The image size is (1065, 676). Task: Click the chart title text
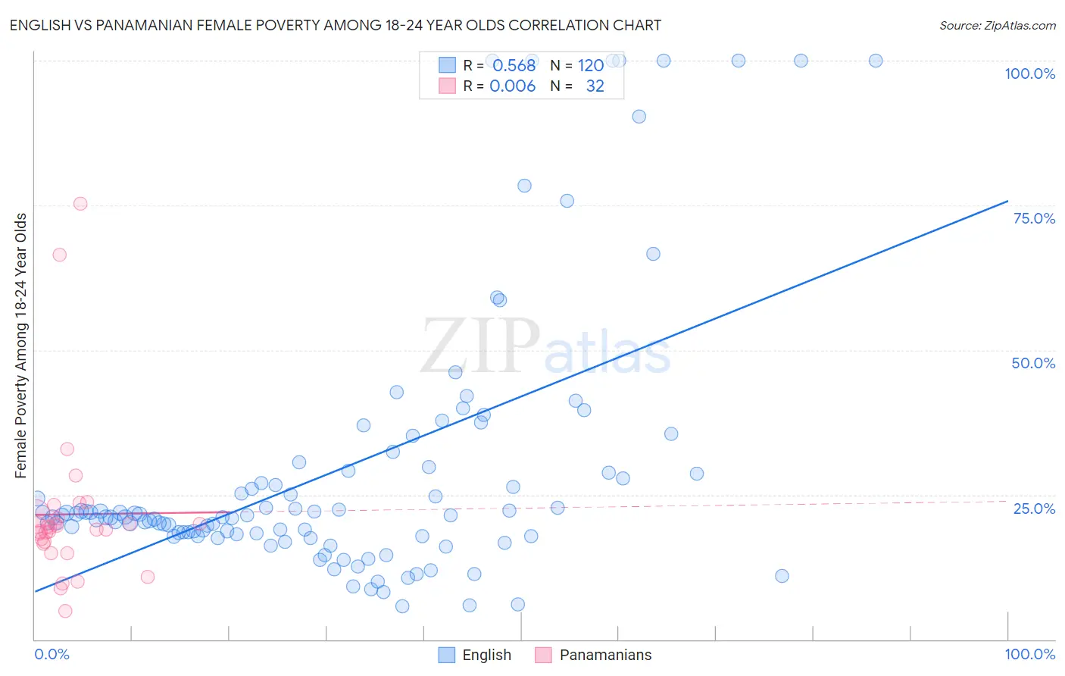(335, 25)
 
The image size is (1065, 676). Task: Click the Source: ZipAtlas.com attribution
(997, 25)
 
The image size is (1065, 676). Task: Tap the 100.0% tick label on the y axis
(1029, 74)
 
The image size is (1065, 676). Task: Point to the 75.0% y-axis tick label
(1034, 218)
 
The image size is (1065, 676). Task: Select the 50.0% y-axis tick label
(1033, 363)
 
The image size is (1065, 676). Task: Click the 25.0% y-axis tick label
(1034, 509)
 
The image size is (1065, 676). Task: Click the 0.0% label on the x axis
(52, 654)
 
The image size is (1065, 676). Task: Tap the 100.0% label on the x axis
(1029, 654)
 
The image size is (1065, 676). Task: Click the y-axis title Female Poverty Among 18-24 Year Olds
(21, 346)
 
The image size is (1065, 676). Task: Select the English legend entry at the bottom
(475, 655)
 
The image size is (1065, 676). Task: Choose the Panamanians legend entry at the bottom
(593, 655)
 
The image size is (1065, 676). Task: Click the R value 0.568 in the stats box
(514, 65)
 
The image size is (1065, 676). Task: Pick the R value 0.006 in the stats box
(512, 86)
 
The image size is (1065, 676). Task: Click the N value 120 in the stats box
(591, 65)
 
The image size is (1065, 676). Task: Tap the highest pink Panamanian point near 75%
(80, 204)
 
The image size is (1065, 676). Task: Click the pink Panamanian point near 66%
(60, 255)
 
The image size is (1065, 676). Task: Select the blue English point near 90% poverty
(639, 117)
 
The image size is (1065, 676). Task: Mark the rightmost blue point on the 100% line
(876, 61)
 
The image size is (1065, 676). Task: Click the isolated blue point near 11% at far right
(782, 576)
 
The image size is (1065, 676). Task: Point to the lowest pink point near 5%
(65, 611)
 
